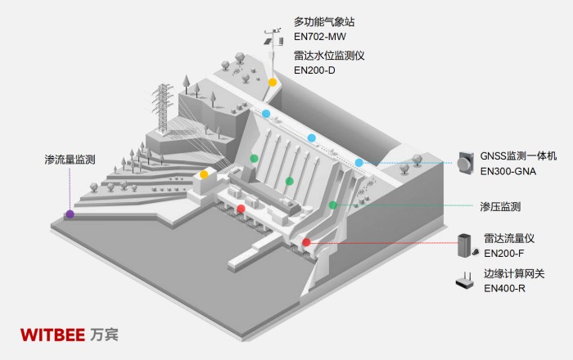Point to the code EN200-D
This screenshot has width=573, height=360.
(316, 71)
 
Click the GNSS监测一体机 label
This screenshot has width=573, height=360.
(518, 155)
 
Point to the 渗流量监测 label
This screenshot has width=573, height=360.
(71, 160)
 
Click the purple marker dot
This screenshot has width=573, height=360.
(70, 214)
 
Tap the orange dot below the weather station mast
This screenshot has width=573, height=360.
(272, 83)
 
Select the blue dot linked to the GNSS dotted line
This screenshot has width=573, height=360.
(359, 163)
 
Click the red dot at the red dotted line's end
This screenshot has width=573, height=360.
(306, 242)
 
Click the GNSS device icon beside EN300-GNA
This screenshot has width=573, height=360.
(465, 162)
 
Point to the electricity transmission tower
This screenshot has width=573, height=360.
(162, 106)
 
